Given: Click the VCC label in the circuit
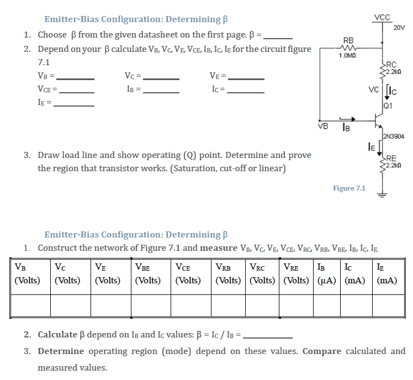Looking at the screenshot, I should point(382,17).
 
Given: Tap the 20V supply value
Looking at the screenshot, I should point(399,28).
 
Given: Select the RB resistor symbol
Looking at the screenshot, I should point(349,47).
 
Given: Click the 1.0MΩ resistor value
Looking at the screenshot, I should point(348,55).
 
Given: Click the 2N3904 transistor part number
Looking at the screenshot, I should point(393,136).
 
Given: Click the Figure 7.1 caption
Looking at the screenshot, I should point(349,188).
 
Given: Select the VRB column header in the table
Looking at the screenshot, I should point(225,268).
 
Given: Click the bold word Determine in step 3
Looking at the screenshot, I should point(61,351).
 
